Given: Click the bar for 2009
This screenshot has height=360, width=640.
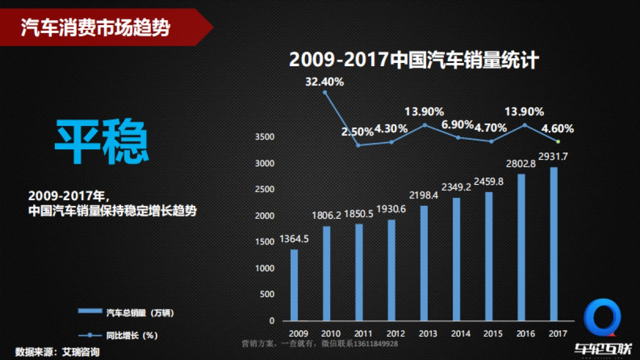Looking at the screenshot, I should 294,285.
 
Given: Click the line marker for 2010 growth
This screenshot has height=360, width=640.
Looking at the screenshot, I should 325,92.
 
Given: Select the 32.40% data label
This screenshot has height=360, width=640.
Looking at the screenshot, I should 324,82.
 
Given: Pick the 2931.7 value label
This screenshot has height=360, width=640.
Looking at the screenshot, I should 553,156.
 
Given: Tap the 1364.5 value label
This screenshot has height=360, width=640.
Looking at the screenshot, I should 294,240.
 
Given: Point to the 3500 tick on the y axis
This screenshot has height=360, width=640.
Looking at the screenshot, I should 265,137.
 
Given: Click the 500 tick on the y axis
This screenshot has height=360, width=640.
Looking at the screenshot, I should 267,294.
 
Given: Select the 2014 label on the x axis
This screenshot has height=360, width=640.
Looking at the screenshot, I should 460,334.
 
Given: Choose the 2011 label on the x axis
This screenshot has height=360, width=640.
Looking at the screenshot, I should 363,334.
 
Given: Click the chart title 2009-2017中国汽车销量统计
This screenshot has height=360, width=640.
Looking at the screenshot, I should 414,60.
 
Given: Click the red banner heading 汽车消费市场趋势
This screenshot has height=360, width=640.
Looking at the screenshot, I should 96,27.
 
